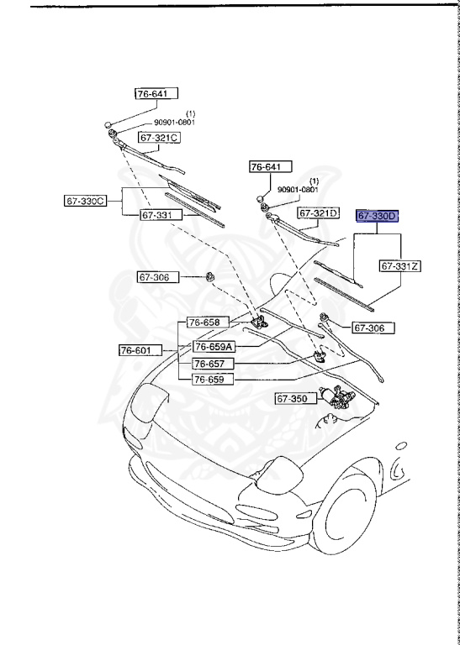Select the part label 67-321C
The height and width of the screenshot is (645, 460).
[160, 137]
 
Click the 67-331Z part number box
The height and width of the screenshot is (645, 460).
[400, 266]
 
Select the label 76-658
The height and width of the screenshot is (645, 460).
[204, 322]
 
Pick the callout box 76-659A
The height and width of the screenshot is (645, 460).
[213, 346]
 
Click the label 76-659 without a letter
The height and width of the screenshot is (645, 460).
[210, 379]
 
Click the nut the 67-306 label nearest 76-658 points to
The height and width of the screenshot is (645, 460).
[207, 277]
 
